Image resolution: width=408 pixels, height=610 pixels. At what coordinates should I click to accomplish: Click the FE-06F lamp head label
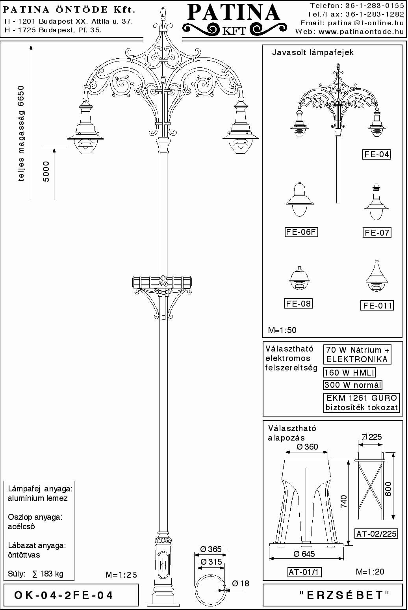301,232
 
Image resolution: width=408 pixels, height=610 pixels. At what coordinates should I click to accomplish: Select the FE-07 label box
377,232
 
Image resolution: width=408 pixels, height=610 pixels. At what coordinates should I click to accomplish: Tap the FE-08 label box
298,303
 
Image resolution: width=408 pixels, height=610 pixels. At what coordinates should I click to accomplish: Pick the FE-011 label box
377,305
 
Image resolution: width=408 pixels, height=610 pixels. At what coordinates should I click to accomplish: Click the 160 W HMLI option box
349,372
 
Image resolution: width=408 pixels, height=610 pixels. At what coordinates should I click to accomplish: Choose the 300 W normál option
353,385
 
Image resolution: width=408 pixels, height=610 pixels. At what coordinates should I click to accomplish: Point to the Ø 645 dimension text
304,554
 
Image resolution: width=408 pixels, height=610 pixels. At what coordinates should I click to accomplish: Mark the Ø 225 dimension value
372,437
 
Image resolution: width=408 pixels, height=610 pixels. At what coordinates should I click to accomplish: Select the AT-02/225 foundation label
376,534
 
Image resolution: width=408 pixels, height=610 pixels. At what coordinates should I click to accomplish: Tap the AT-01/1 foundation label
304,572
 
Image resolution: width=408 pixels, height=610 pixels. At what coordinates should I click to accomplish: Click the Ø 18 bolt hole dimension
241,583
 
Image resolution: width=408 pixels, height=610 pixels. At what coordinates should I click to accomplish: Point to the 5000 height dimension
46,171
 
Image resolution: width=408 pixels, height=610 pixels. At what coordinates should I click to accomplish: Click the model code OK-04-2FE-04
63,595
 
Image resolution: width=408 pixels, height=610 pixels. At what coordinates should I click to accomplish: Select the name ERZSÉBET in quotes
344,595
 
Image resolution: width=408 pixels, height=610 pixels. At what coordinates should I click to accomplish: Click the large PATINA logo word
234,13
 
